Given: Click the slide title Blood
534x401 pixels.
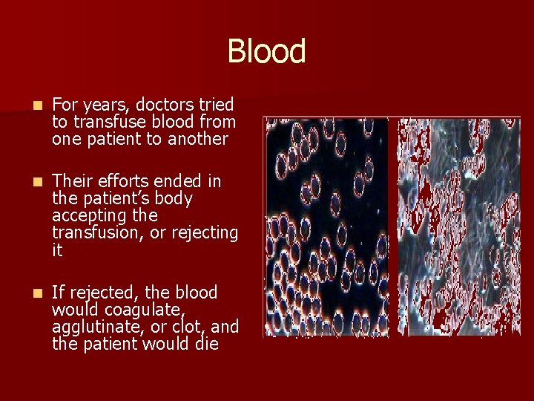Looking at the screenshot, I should [x=266, y=52].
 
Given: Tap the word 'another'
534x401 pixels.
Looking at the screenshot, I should [x=198, y=139].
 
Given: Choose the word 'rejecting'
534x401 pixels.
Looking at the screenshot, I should [x=205, y=233].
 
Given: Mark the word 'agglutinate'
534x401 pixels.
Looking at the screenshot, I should [x=93, y=327].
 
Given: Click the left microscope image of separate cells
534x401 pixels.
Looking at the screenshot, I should [x=326, y=226].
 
